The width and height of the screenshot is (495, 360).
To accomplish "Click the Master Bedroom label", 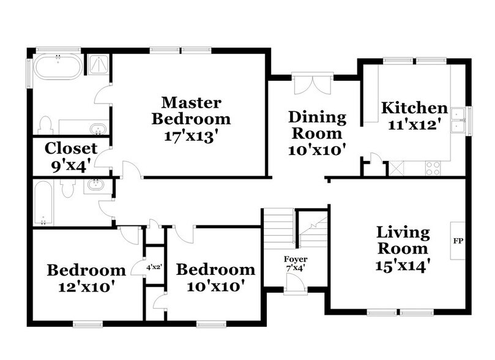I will click(192, 110).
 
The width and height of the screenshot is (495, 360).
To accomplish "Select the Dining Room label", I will click(318, 124).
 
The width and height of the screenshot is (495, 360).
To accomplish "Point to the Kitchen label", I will click(414, 108).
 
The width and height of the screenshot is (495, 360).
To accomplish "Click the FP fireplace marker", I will click(457, 240).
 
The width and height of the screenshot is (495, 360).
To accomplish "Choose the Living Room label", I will click(403, 241).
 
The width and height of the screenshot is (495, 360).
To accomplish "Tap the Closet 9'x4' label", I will click(71, 156).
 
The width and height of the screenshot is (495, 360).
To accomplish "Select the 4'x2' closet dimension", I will click(153, 268).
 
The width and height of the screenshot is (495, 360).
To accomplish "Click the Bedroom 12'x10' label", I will click(86, 277).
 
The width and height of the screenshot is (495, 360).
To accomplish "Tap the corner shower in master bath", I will click(97, 65).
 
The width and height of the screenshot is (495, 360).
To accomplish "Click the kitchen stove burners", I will click(433, 168).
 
